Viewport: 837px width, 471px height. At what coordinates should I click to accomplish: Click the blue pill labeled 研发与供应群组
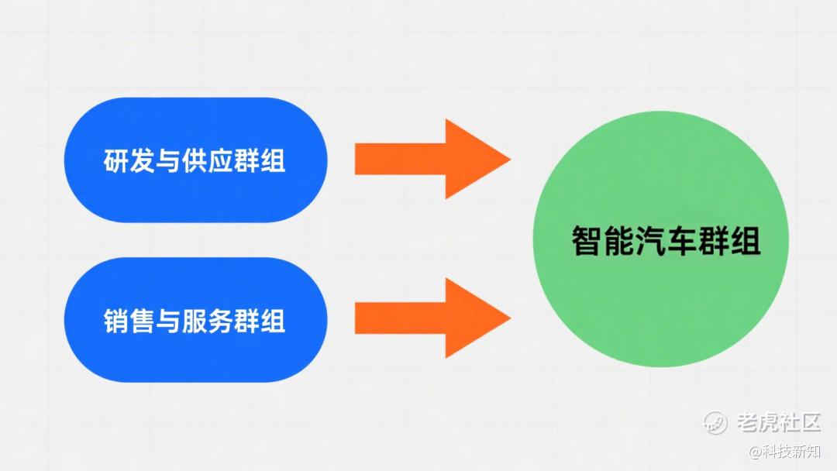click(x=196, y=160)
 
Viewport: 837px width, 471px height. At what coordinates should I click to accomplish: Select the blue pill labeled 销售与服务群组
click(x=196, y=320)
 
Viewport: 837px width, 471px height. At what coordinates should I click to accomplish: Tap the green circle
click(x=661, y=239)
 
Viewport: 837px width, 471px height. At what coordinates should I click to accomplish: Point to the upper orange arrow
click(x=433, y=159)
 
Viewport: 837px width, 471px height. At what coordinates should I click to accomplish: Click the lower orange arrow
click(x=433, y=318)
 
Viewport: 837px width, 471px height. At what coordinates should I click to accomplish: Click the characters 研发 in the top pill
click(x=129, y=161)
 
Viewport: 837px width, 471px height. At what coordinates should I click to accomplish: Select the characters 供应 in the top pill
click(x=207, y=161)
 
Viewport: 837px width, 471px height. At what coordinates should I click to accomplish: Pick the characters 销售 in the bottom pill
click(x=129, y=321)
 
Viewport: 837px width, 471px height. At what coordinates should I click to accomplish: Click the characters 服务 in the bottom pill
click(x=207, y=321)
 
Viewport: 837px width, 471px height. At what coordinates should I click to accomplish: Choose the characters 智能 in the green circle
click(x=603, y=241)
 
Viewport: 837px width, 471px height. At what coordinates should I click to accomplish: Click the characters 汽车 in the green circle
click(x=666, y=241)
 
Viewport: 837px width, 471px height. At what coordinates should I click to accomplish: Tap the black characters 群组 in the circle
click(x=730, y=241)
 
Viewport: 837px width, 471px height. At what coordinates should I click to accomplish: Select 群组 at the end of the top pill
click(x=260, y=161)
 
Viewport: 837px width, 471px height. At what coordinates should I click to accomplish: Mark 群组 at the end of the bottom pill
click(x=260, y=321)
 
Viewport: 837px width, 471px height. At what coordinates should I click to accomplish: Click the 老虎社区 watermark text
click(x=778, y=422)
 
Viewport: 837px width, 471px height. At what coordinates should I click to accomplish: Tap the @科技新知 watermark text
click(x=784, y=452)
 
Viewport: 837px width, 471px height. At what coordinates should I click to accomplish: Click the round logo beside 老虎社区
click(x=715, y=423)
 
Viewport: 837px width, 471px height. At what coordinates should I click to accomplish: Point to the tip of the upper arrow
click(x=511, y=159)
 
